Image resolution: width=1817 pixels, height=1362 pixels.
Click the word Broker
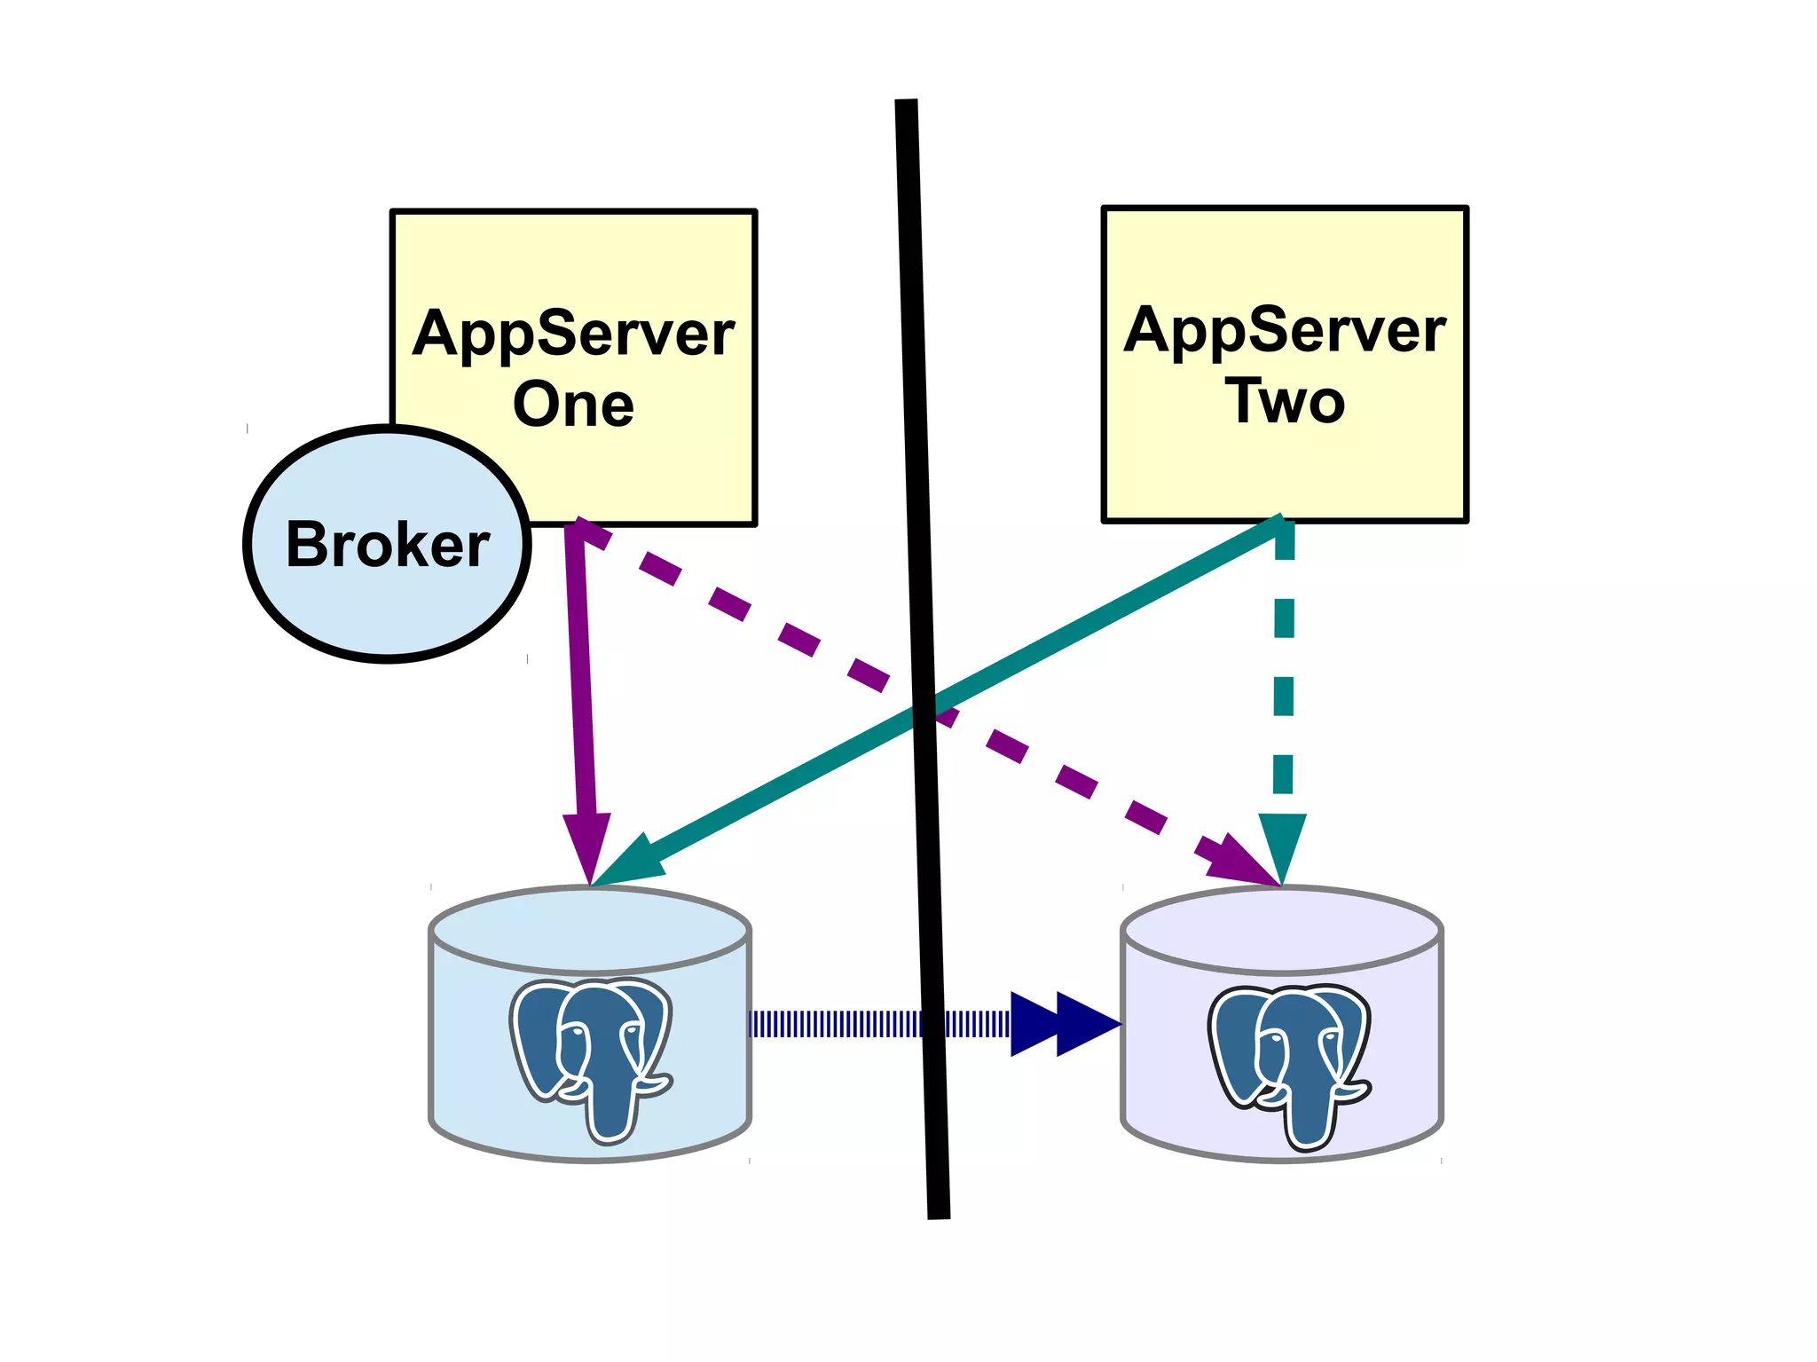coord(387,544)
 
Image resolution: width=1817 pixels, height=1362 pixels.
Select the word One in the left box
coord(573,405)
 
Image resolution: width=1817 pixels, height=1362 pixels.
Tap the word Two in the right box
coord(1285,401)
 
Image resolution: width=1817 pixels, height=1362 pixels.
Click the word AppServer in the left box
coord(573,334)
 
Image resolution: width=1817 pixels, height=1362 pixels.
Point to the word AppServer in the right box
coord(1285,330)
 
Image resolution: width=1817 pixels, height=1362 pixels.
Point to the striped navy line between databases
coord(834,1024)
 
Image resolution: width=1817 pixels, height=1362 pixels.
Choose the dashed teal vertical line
coord(1284,674)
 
